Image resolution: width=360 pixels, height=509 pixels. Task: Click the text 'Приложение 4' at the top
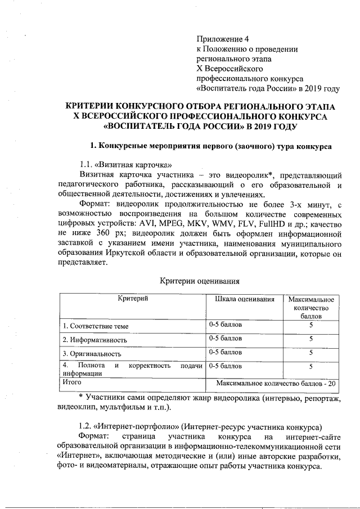[x=222, y=39]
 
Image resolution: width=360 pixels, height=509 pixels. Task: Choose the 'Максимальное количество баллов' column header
[x=310, y=307]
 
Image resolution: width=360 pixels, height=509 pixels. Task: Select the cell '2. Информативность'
[x=94, y=340]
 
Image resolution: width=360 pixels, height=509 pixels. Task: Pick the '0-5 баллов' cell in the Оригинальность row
[x=226, y=353]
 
